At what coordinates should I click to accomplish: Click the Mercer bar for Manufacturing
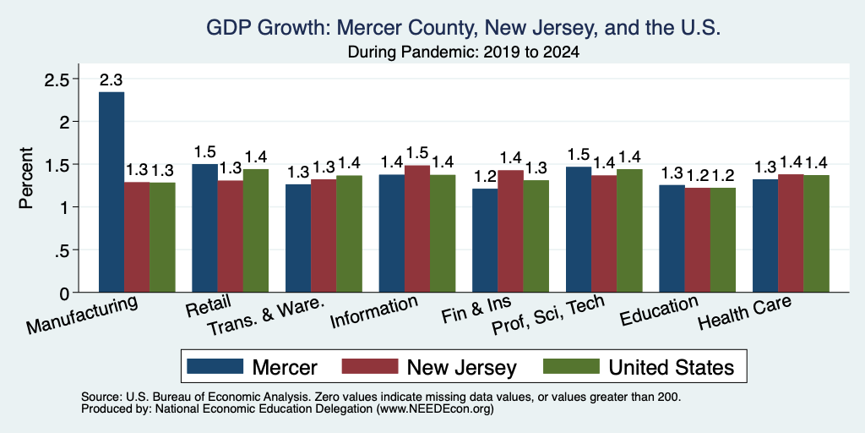pos(112,192)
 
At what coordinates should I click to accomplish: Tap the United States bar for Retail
pos(255,231)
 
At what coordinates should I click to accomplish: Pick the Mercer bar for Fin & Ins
pos(485,240)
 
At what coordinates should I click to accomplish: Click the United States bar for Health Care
pos(817,233)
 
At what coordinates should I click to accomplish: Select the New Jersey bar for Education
pos(697,240)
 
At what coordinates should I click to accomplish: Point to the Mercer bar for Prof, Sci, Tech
pos(579,229)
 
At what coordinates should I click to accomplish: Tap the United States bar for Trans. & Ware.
pos(349,233)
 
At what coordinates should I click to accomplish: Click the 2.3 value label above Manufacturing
pos(112,80)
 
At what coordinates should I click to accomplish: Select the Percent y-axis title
pos(26,178)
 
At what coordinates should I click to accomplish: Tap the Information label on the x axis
pos(373,311)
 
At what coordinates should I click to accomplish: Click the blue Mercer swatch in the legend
pos(215,366)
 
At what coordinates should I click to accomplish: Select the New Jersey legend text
pos(462,367)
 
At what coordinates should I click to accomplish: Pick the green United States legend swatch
pos(572,366)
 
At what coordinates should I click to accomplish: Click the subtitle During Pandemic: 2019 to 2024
pos(463,53)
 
